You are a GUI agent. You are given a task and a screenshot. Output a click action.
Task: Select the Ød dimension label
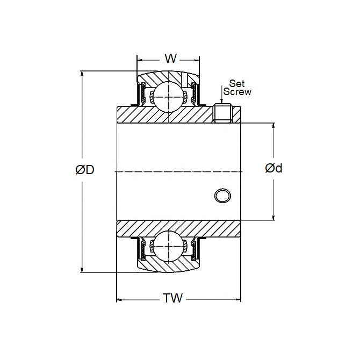(274, 168)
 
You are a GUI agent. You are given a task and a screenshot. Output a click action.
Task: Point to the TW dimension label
(174, 298)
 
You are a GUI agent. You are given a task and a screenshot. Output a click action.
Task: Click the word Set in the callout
(237, 83)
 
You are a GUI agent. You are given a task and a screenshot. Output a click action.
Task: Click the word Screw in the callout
(237, 91)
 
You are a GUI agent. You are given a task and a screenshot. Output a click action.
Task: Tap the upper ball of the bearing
(170, 97)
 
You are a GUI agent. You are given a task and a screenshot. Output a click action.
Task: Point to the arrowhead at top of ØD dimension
(82, 74)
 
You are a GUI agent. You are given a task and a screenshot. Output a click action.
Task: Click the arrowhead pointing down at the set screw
(221, 102)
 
